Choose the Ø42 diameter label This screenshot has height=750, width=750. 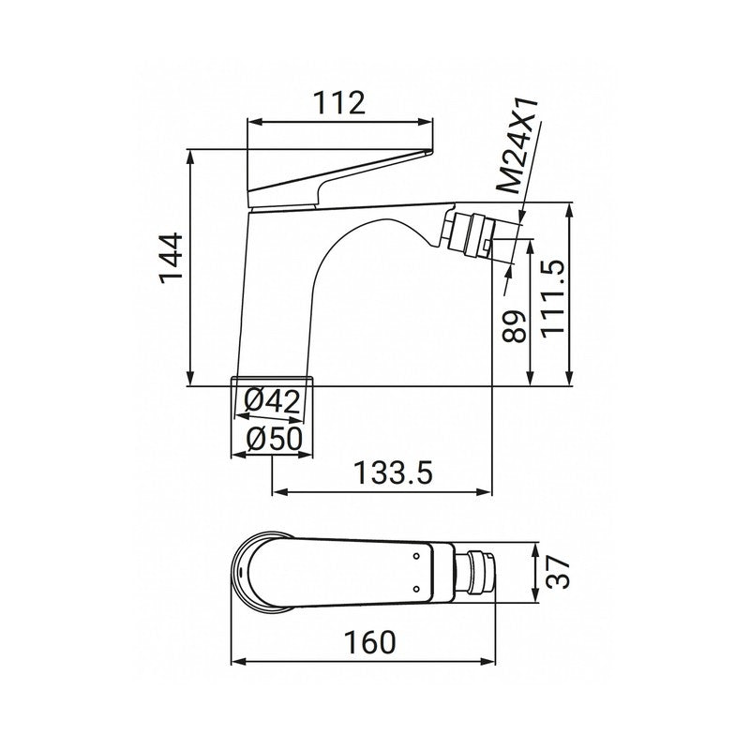click(x=272, y=401)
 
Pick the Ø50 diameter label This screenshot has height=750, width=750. click(x=272, y=438)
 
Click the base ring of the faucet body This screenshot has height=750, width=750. click(x=272, y=379)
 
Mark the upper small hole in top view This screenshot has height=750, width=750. click(x=415, y=557)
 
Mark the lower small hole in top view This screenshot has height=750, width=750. click(x=415, y=590)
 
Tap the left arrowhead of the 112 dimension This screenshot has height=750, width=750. click(x=251, y=120)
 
